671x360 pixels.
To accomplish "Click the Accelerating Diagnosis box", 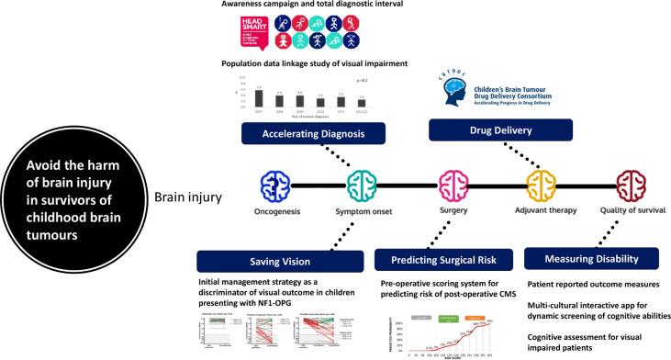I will pyautogui.click(x=302, y=134).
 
